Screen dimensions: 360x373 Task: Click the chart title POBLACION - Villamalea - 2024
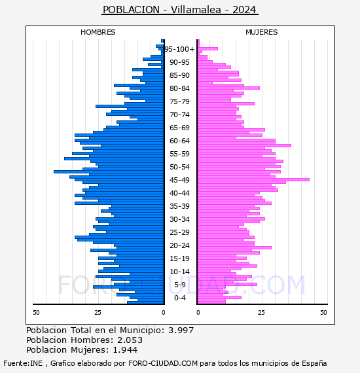(179, 10)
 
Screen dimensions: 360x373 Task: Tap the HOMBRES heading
(98, 32)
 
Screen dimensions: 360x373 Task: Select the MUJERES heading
(262, 32)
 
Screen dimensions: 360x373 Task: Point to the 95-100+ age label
(179, 49)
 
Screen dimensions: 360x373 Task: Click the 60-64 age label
(179, 141)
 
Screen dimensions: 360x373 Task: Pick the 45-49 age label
(179, 180)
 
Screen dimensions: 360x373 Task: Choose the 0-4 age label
(179, 298)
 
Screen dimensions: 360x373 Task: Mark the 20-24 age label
(179, 245)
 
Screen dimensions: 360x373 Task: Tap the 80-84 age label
(179, 88)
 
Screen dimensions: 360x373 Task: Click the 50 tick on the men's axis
(36, 313)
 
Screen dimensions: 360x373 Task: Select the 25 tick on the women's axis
(261, 313)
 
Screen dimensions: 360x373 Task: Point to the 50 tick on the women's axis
(323, 313)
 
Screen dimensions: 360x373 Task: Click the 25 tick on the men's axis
(98, 313)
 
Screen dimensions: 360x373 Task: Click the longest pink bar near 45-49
(253, 179)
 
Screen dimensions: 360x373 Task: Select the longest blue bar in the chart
(109, 171)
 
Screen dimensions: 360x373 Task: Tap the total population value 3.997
(181, 330)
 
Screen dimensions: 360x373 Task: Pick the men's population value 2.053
(130, 340)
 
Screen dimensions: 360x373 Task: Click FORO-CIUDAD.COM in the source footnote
(163, 363)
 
